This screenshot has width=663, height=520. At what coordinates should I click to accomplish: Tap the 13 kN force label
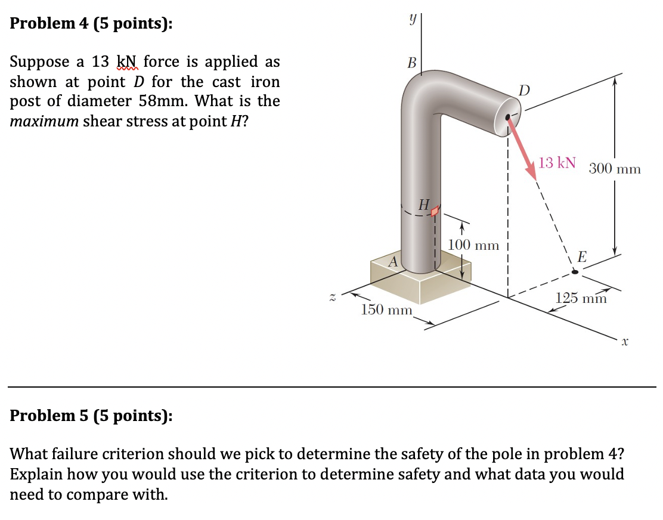click(x=557, y=163)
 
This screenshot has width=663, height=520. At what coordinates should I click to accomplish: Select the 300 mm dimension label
click(x=615, y=169)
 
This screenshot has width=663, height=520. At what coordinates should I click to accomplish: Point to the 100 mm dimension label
click(x=473, y=244)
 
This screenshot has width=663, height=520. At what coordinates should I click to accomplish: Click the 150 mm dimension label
click(x=388, y=309)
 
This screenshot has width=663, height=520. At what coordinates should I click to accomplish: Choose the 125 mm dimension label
click(x=581, y=298)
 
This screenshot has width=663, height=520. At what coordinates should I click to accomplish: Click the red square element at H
click(x=436, y=211)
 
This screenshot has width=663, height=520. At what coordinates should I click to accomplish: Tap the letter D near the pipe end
click(x=523, y=91)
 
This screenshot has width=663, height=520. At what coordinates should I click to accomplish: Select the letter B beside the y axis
click(x=411, y=63)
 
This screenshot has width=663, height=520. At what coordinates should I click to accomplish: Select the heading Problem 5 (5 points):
click(x=92, y=415)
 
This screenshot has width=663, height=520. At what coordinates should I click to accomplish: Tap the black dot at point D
click(x=508, y=117)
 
